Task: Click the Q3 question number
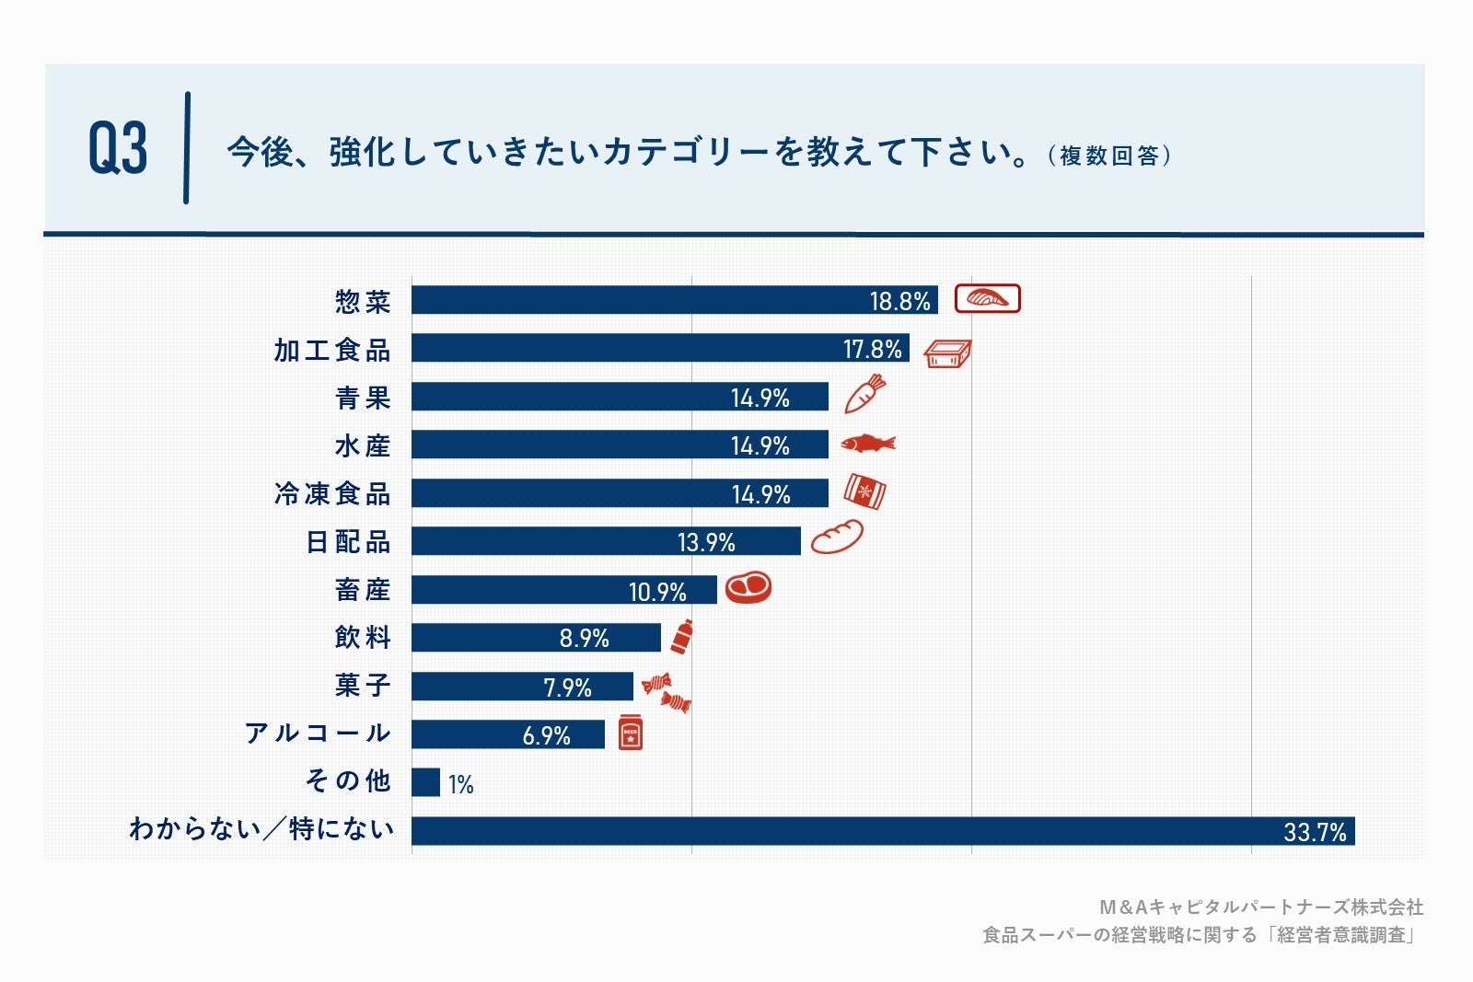(118, 148)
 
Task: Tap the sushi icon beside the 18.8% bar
(987, 299)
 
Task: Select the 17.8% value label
(872, 349)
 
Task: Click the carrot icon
(864, 394)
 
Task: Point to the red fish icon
(867, 444)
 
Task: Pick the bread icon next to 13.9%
(836, 537)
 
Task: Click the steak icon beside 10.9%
(748, 587)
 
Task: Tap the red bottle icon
(682, 637)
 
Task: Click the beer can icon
(630, 733)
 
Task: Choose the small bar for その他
(425, 782)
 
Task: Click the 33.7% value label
(1314, 832)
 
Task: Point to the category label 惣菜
(363, 302)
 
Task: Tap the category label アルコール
(318, 734)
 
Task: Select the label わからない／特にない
(261, 829)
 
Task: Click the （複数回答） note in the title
(1109, 156)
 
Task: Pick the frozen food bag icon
(864, 492)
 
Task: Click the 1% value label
(460, 784)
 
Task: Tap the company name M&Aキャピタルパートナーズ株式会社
(1260, 907)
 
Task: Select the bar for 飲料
(536, 637)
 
